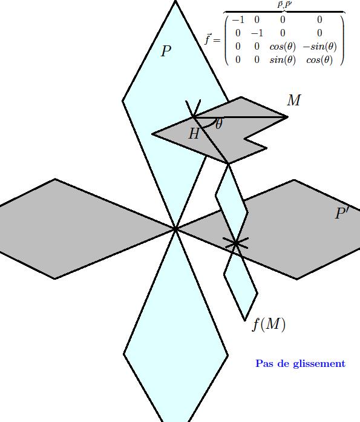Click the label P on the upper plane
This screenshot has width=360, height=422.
coord(166,51)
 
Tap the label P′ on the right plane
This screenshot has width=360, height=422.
coord(342,213)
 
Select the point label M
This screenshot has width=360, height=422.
coord(294,100)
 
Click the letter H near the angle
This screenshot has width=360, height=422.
coord(194,133)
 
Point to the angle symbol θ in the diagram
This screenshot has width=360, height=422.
coord(219,124)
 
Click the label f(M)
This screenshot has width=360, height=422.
coord(269,325)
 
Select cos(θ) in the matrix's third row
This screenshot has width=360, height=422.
coord(283,47)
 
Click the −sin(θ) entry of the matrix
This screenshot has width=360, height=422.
coord(319,47)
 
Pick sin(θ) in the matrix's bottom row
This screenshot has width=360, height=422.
coord(283,59)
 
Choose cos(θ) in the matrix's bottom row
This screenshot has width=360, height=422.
coord(319,59)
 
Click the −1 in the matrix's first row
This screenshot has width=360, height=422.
coord(238,20)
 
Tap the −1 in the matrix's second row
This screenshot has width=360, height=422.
coord(257,33)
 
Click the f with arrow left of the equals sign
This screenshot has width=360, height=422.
coord(208,39)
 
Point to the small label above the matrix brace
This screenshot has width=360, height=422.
coord(284,5)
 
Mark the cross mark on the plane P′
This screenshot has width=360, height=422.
coord(236,243)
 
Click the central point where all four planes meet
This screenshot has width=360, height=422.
coord(175,229)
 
